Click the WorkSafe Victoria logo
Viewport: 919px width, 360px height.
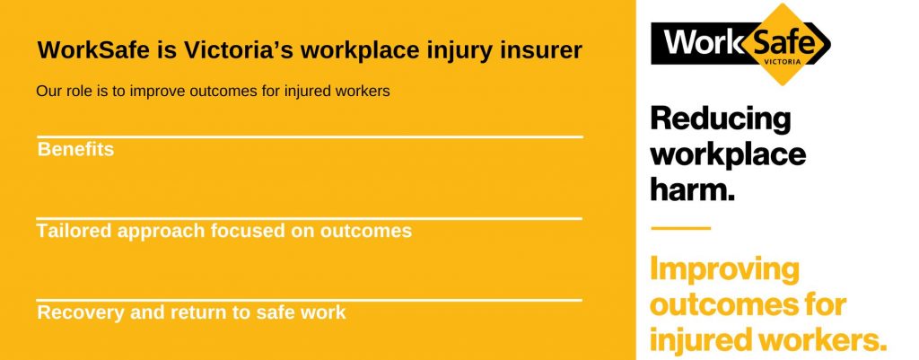coord(740,44)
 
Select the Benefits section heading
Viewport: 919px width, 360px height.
coord(75,150)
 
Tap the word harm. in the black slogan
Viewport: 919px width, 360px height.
coord(692,189)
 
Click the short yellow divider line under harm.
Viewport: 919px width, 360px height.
coord(680,228)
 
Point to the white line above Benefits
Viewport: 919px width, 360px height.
coord(310,137)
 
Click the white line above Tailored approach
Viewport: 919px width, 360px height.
coord(310,219)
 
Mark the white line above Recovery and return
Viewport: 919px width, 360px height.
coord(310,300)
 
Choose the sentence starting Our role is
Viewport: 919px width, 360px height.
coord(213,92)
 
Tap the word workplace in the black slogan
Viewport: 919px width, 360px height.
coord(728,154)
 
